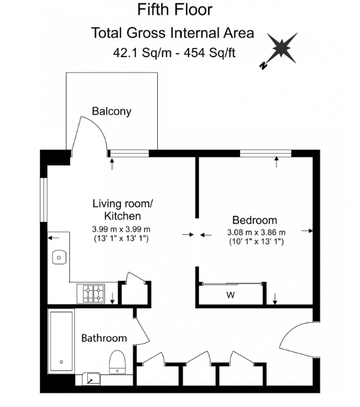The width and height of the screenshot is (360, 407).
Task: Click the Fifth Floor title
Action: click(x=174, y=10)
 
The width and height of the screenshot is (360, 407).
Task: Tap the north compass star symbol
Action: click(x=280, y=49)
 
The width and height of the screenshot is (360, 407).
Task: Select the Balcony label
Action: click(x=112, y=111)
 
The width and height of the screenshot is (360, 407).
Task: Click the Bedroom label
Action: click(x=255, y=220)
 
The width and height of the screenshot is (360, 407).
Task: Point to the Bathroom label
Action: click(x=104, y=338)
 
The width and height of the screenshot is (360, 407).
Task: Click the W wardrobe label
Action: click(x=230, y=294)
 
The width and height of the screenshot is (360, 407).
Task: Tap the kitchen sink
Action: click(x=59, y=258)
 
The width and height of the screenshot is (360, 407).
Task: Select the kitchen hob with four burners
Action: click(x=91, y=293)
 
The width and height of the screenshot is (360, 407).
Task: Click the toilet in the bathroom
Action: click(x=117, y=362)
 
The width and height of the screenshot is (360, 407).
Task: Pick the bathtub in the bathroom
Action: click(x=61, y=341)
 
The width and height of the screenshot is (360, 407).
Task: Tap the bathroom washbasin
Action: click(x=91, y=379)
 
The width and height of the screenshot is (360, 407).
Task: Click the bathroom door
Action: click(x=142, y=329)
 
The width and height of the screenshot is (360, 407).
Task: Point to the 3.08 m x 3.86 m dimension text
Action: click(x=256, y=232)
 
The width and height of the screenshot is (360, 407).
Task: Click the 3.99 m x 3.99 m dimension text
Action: click(x=121, y=229)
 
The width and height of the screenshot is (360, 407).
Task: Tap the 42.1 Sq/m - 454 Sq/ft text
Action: click(x=174, y=53)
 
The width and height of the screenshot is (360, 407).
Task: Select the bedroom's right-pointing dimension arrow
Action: click(x=307, y=231)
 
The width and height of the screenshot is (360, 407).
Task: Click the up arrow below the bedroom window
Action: click(x=276, y=162)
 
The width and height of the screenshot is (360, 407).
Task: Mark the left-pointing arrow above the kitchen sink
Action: click(x=53, y=237)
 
